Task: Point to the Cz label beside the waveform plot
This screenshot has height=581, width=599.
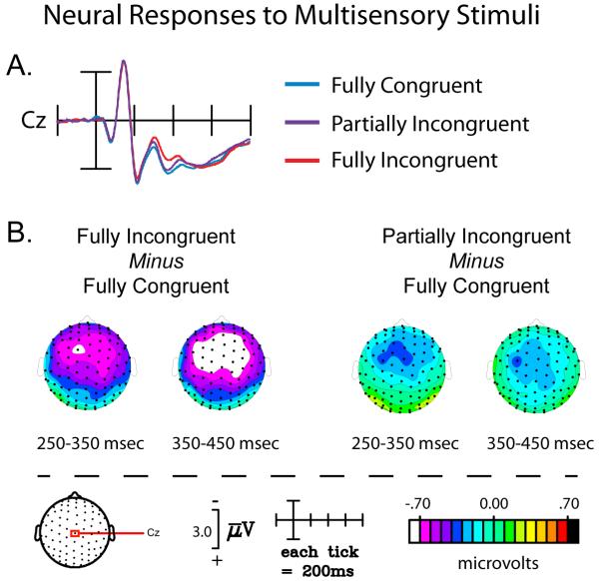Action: [x=32, y=122]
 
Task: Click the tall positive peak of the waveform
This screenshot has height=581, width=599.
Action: [x=124, y=63]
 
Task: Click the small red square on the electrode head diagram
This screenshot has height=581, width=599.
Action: [x=75, y=534]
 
